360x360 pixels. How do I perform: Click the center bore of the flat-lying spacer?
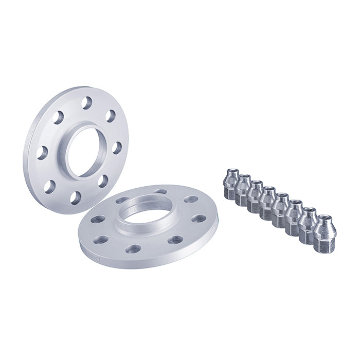pos(147,215)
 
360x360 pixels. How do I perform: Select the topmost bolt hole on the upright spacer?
pos(86,103)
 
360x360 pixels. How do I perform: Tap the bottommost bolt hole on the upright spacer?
pos(76,197)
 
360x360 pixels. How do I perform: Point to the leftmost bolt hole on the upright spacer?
pos(42,153)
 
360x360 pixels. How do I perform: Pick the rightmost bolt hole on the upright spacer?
pos(117,148)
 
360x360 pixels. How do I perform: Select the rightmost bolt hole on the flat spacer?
pos(199,219)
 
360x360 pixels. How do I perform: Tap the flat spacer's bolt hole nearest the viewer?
pos(133,249)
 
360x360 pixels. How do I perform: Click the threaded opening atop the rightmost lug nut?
pos(325,219)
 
